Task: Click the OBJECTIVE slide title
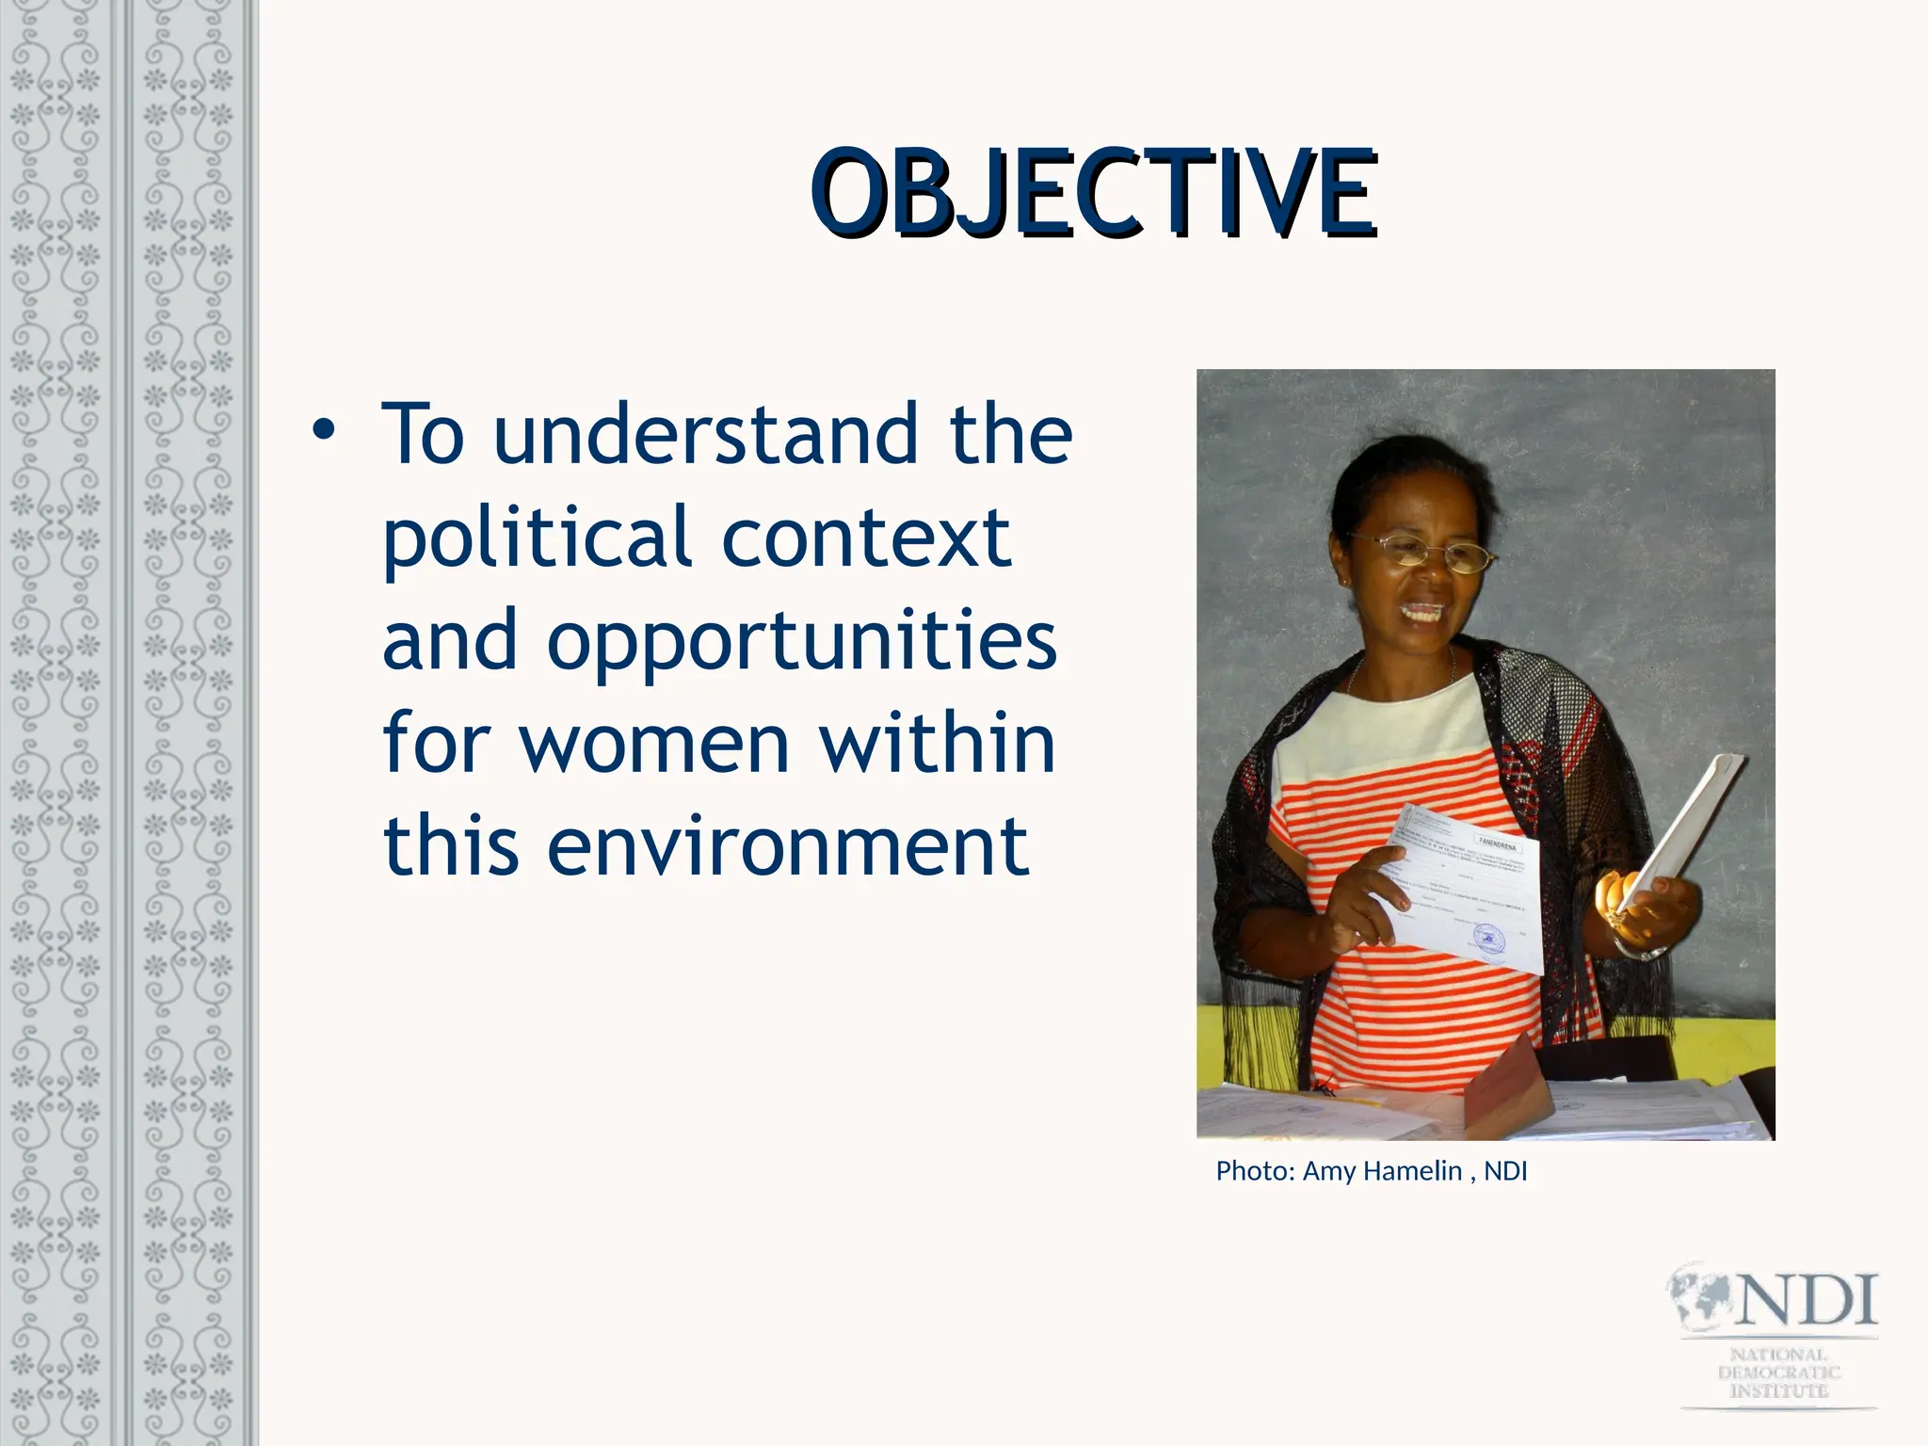[x=1094, y=193]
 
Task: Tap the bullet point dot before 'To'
[x=324, y=431]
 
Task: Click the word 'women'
[x=654, y=744]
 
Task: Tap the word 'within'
[x=937, y=744]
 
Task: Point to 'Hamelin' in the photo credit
[x=1412, y=1171]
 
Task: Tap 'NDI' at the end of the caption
[x=1505, y=1171]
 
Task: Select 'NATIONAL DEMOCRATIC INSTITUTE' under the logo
[x=1778, y=1373]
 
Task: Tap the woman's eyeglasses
[x=1422, y=552]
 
